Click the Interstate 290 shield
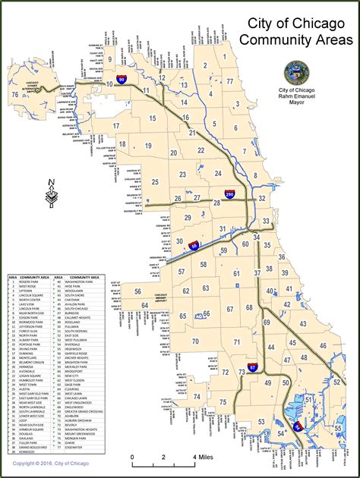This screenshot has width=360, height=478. [230, 194]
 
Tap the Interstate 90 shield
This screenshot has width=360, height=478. [122, 78]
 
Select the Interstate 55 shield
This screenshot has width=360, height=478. [195, 245]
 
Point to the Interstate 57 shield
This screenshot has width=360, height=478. [254, 368]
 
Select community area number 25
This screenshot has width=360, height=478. [154, 182]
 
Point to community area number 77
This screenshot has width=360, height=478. [229, 80]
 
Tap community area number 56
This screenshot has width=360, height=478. [137, 291]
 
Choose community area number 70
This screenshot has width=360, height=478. [195, 341]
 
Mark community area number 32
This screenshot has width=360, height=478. [262, 198]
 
